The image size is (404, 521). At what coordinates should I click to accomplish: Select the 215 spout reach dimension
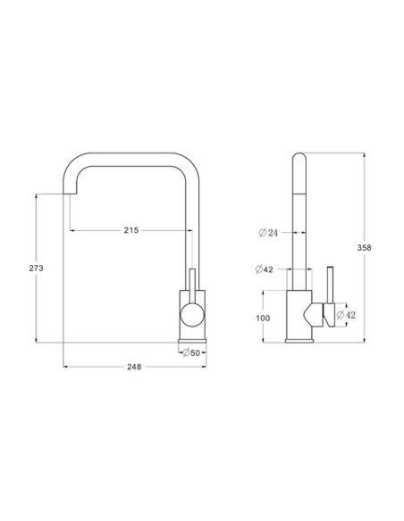click(130, 230)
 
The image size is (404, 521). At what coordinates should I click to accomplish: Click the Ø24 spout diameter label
click(268, 233)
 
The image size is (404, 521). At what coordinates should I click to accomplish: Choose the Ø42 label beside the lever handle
click(345, 314)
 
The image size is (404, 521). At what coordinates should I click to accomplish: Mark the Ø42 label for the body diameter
click(265, 269)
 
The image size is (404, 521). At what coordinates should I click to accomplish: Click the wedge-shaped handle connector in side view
click(315, 314)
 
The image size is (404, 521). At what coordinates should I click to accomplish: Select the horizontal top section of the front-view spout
click(134, 159)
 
